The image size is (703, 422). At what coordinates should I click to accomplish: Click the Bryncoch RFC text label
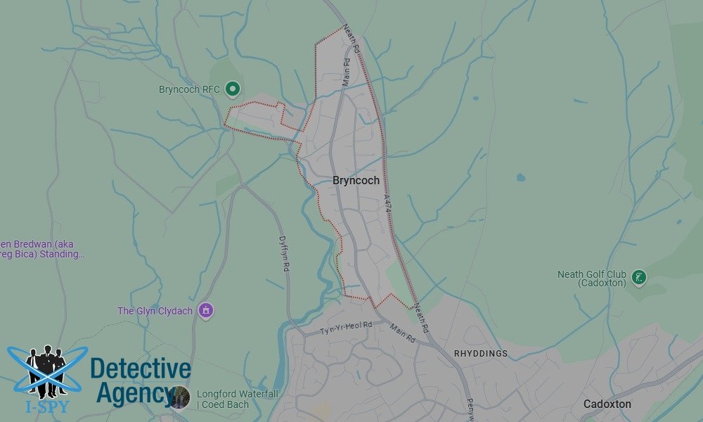pyautogui.click(x=190, y=89)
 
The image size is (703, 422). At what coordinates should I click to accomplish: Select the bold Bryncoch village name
pyautogui.click(x=356, y=181)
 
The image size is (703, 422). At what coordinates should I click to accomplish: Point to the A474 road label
pyautogui.click(x=387, y=201)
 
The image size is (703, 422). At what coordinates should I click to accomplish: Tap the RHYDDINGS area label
pyautogui.click(x=481, y=353)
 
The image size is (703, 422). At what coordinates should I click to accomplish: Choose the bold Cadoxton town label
pyautogui.click(x=607, y=404)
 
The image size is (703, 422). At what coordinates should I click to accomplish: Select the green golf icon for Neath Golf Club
pyautogui.click(x=638, y=276)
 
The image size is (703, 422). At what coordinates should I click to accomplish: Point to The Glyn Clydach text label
pyautogui.click(x=155, y=310)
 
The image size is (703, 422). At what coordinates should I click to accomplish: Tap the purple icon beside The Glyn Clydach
pyautogui.click(x=206, y=310)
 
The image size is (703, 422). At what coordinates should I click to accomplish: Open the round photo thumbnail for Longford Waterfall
pyautogui.click(x=179, y=397)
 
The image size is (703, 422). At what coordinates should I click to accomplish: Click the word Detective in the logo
pyautogui.click(x=141, y=369)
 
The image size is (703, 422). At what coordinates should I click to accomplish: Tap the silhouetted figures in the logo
pyautogui.click(x=46, y=369)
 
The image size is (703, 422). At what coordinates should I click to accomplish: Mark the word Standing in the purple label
pyautogui.click(x=63, y=254)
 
